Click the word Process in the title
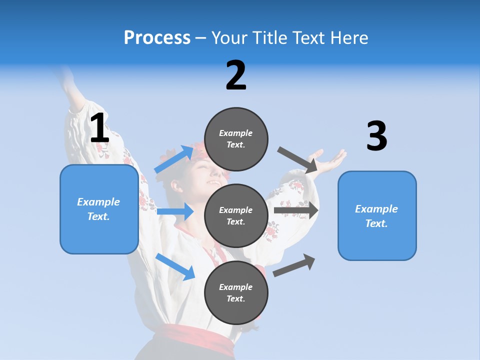click(x=157, y=37)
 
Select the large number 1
click(x=99, y=128)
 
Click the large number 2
click(x=236, y=75)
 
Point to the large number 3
click(x=376, y=136)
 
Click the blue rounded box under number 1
click(x=99, y=209)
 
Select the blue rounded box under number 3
click(x=377, y=215)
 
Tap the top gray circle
click(x=236, y=139)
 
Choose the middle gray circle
click(x=236, y=215)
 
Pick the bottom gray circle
click(x=236, y=292)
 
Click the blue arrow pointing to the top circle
click(x=174, y=159)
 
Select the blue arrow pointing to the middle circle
click(x=175, y=211)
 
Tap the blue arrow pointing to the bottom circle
click(x=175, y=266)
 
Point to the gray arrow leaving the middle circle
click(x=296, y=210)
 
